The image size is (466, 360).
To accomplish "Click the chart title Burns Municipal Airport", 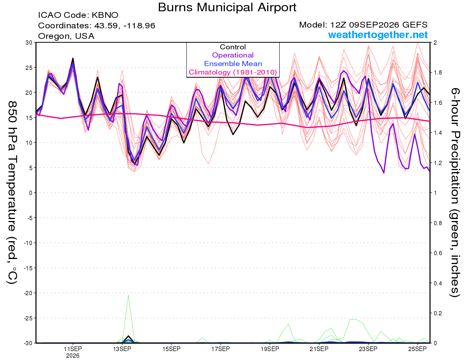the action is click(227, 7).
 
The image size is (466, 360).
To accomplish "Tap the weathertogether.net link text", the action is click(378, 35).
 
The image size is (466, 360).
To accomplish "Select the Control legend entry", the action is click(233, 47).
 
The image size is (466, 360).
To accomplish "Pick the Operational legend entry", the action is click(233, 55).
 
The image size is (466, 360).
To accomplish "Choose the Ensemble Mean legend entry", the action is click(233, 63).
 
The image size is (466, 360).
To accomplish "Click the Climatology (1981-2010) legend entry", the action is click(233, 72).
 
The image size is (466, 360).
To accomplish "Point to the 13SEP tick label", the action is click(122, 349).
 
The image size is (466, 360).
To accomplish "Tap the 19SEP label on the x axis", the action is click(270, 349).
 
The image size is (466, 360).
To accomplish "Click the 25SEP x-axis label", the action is click(417, 349).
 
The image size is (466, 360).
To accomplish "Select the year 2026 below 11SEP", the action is click(73, 356).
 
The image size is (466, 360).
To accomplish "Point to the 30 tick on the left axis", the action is click(29, 42).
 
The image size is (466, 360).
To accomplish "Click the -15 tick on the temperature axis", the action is click(28, 268).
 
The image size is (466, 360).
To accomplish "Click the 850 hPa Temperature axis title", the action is click(12, 193).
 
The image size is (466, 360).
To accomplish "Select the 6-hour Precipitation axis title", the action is click(455, 193).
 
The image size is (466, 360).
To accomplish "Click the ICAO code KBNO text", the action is click(78, 15).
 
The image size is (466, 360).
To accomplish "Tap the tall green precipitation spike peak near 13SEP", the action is click(128, 296).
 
